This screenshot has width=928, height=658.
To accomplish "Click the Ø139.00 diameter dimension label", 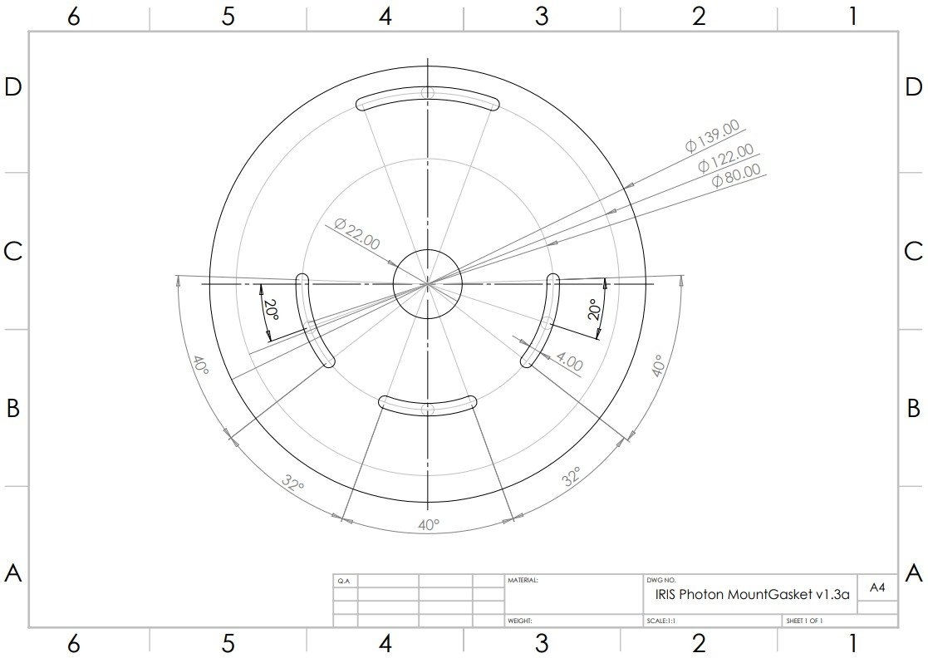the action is coord(713,135).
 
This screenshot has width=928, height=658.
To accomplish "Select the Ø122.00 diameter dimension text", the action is coord(726,158).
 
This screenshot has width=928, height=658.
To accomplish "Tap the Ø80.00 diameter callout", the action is coord(736,175).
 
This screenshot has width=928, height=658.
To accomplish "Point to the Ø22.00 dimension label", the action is coord(357,233).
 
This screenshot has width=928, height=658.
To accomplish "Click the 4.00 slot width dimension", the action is coord(569,361).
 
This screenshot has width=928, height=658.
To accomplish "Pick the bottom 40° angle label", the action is coord(429,524).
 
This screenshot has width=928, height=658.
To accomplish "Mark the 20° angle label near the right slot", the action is coord(595,309).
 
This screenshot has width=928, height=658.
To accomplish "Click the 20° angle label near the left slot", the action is coord(271,310).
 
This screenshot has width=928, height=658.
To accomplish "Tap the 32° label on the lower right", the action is coord(572,476).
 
